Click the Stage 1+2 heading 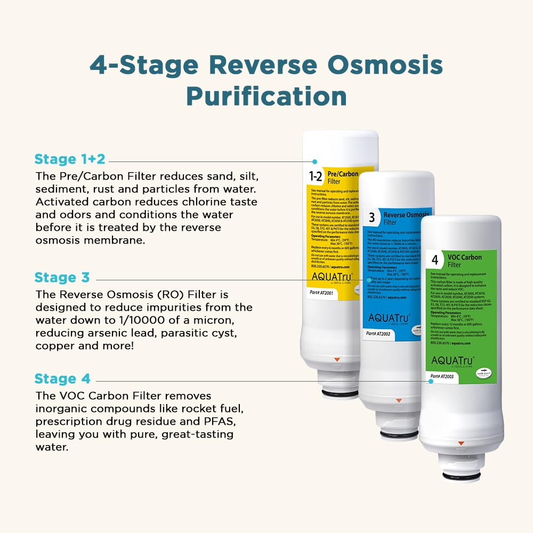70,159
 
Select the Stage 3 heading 62,277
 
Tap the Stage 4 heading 62,379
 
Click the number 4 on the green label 435,260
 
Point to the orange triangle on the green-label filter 461,443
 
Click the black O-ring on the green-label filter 462,475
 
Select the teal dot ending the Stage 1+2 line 315,161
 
